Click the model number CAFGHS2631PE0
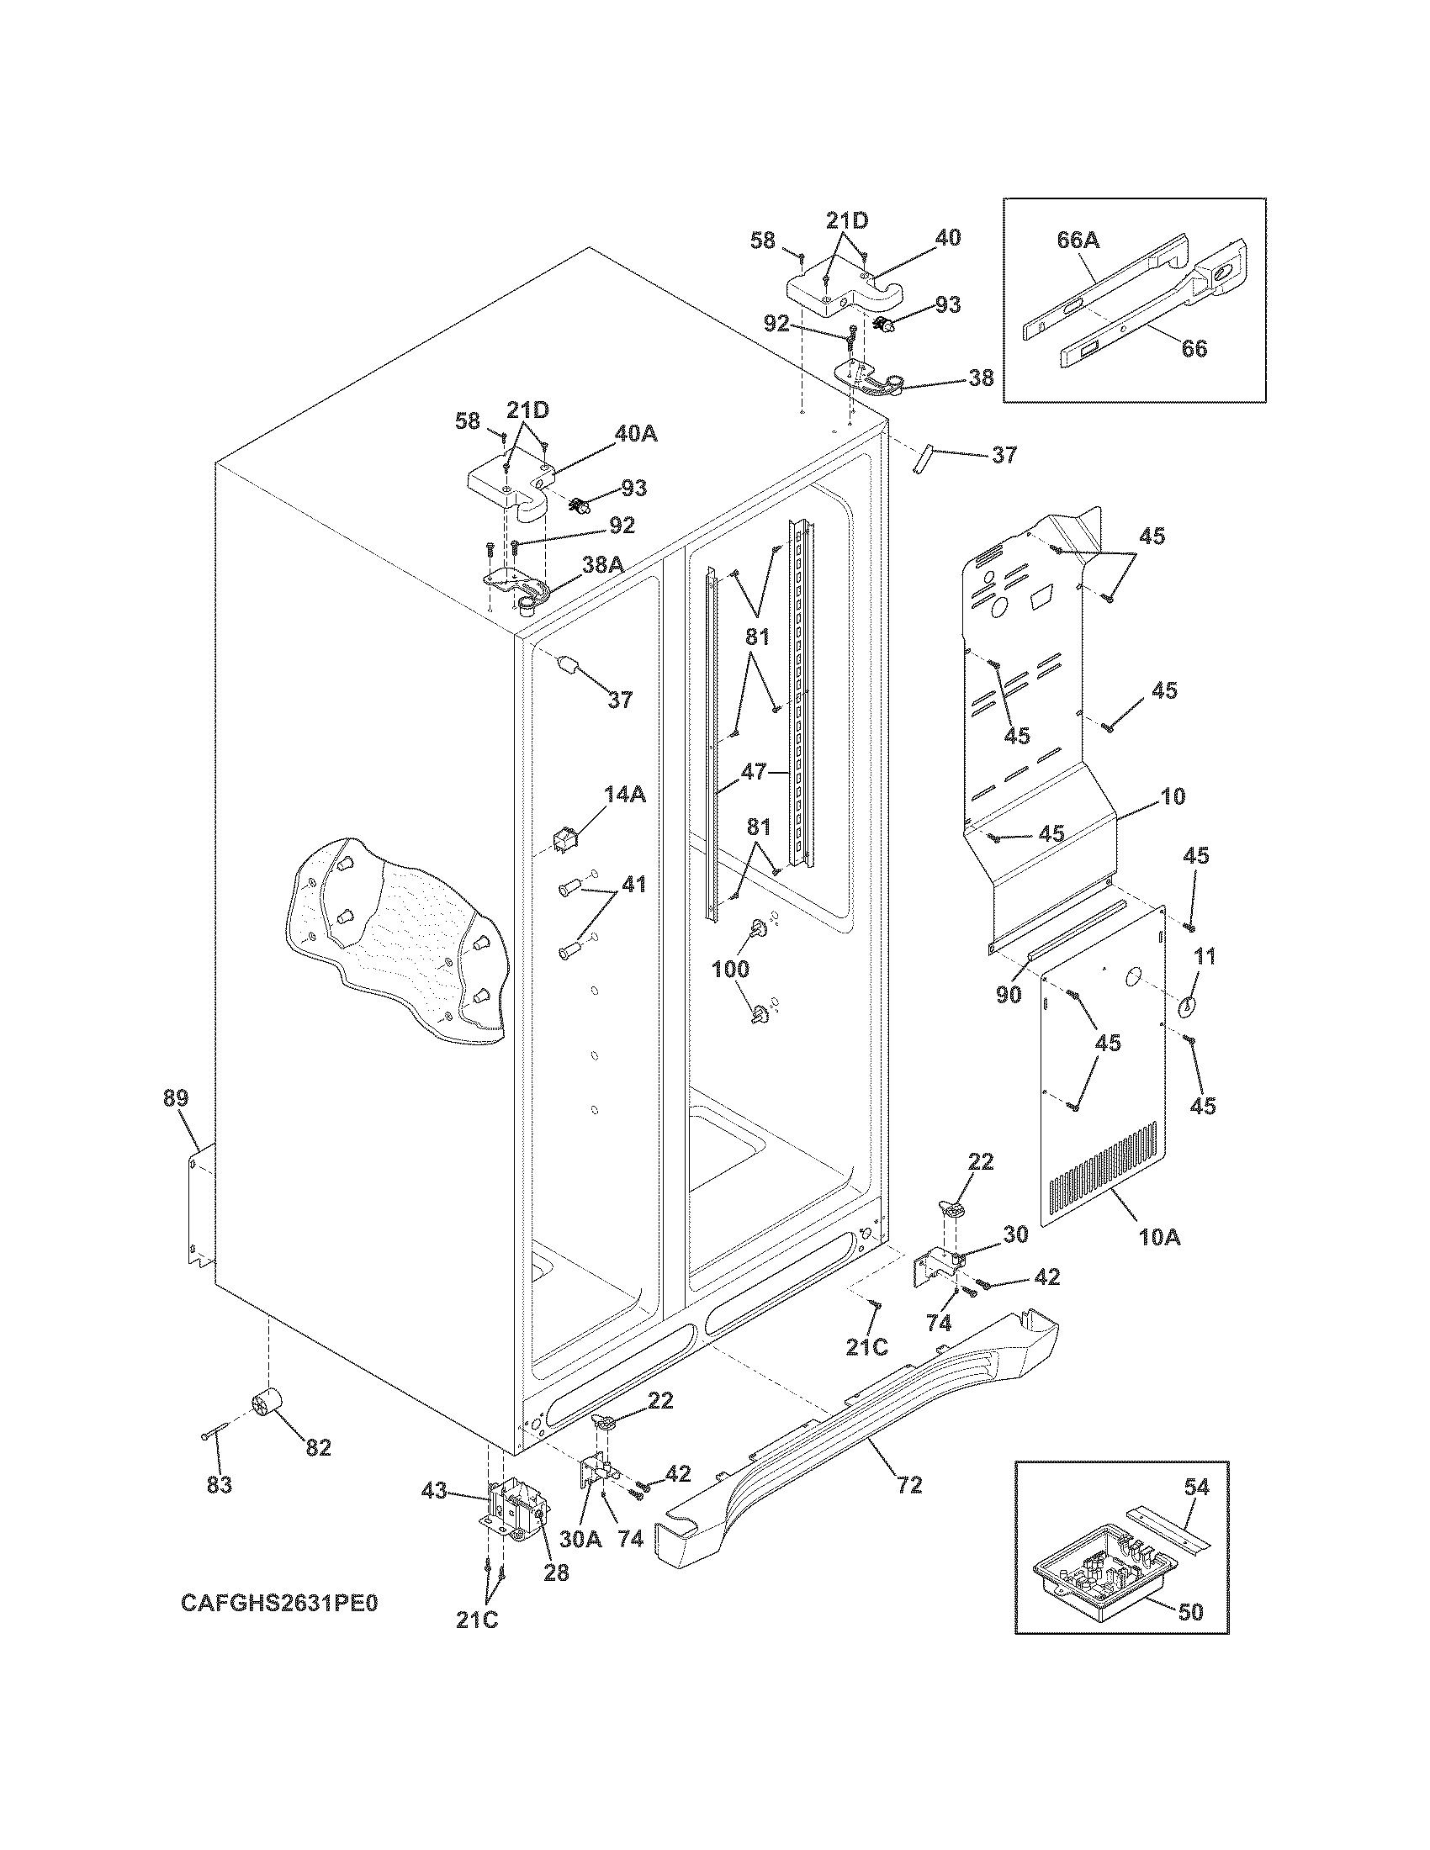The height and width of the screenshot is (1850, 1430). click(278, 1604)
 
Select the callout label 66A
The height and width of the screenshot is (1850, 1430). click(1078, 240)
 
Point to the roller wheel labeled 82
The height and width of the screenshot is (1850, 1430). click(266, 1407)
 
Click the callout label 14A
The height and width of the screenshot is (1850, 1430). click(625, 794)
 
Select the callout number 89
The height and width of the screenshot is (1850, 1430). click(176, 1099)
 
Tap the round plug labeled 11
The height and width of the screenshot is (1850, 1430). click(1187, 1007)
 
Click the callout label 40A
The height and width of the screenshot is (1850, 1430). click(635, 434)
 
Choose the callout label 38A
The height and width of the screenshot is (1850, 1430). click(600, 565)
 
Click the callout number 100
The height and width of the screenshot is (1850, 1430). click(730, 968)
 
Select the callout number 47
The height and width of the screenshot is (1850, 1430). click(753, 772)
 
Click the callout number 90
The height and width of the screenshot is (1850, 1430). click(1008, 995)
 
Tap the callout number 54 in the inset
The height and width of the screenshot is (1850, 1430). click(1198, 1487)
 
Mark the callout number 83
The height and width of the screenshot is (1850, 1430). click(220, 1484)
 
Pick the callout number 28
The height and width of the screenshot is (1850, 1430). click(557, 1572)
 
